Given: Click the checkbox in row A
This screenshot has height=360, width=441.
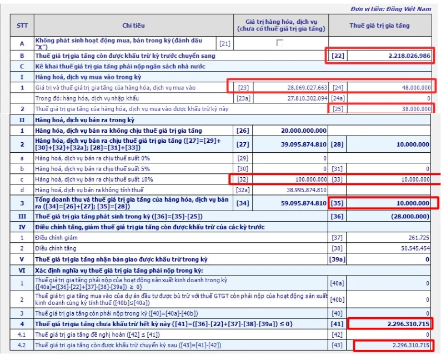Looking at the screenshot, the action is tap(279, 43).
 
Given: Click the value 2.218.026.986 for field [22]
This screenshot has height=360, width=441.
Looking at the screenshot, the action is tap(409, 56).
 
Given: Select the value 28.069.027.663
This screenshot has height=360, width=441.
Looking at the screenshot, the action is tap(307, 88).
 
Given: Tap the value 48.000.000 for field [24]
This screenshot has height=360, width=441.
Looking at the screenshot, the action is tap(416, 88).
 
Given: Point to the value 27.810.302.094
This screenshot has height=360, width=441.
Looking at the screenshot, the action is tap(307, 98).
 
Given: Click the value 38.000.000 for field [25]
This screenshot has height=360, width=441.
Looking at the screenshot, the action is tap(416, 109).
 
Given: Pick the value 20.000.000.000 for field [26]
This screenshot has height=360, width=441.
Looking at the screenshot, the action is tap(304, 131).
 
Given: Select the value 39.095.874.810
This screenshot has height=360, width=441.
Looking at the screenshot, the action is tap(304, 144).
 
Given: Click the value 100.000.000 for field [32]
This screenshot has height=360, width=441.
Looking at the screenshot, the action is tap(311, 179).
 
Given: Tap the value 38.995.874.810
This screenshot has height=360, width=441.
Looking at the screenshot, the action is tap(306, 190).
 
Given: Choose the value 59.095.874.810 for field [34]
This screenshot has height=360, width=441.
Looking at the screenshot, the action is tap(304, 203).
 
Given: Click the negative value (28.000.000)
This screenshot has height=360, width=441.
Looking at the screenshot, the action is tap(410, 216).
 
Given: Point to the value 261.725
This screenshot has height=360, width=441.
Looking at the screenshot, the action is tap(419, 238).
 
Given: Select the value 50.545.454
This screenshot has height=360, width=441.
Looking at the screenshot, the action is tap(415, 248).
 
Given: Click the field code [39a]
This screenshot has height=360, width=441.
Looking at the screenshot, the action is tap(337, 259).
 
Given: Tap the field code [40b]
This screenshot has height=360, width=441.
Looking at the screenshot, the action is tap(337, 299).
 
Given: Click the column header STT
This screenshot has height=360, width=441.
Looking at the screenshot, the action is tap(22, 26).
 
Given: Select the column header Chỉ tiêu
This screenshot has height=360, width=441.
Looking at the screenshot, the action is tap(134, 26).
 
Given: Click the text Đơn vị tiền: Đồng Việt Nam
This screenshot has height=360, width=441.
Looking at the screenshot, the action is tap(390, 9).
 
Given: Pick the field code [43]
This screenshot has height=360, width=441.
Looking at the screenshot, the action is tap(337, 345).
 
